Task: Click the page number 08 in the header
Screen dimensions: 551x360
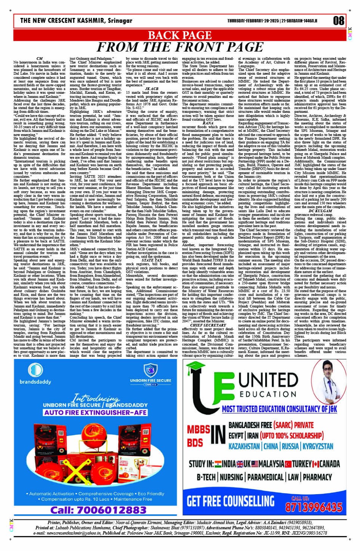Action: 339,21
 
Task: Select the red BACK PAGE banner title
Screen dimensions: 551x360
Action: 179,36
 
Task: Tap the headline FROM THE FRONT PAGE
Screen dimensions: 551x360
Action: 179,47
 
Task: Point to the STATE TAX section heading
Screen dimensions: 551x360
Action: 152,249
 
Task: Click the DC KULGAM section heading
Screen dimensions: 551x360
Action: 320,211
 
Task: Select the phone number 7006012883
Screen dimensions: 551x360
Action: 98,510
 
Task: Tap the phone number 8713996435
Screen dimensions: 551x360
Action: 313,507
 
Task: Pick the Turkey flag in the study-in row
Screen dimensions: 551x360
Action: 288,464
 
